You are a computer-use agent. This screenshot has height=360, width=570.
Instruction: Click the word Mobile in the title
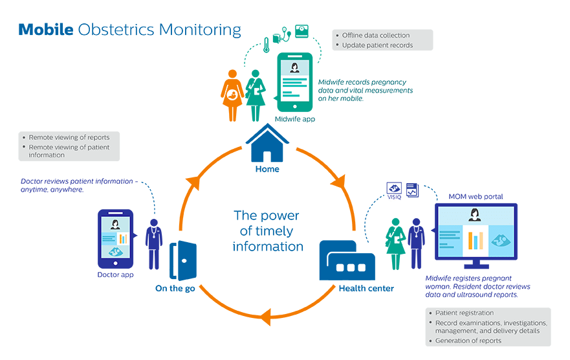click(45, 29)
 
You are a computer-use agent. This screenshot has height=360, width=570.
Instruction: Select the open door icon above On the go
click(181, 260)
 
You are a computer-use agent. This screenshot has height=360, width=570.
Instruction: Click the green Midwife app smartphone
click(294, 82)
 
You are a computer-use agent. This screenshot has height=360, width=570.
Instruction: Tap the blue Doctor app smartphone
click(115, 238)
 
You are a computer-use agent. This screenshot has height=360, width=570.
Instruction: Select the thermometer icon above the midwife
click(267, 45)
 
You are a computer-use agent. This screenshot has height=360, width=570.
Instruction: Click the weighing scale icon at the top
click(301, 31)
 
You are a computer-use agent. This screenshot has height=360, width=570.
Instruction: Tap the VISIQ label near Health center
click(394, 197)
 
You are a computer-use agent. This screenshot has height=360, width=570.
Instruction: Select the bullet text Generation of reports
click(468, 341)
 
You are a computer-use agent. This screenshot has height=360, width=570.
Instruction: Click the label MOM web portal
click(476, 196)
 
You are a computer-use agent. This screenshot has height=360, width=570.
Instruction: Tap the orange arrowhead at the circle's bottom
click(263, 317)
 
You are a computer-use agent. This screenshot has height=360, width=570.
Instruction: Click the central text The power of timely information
click(268, 231)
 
